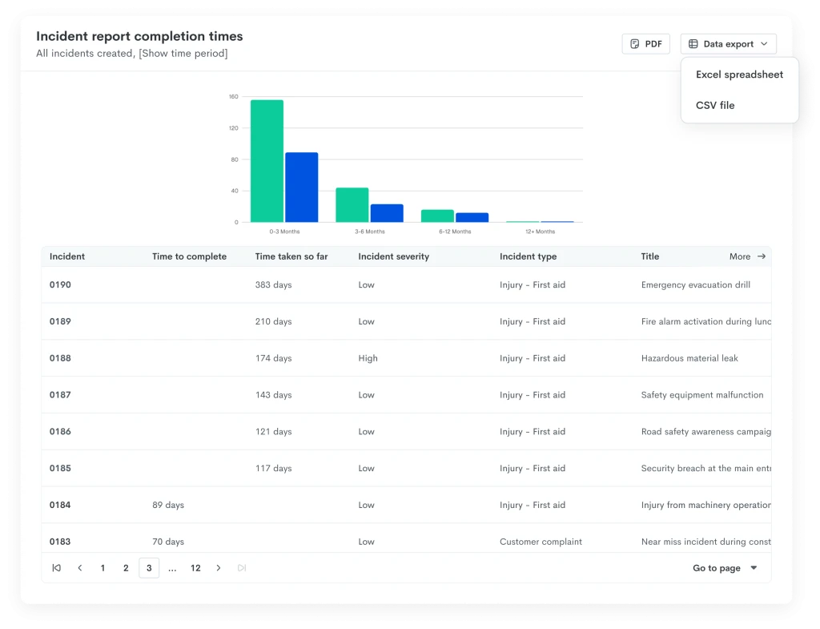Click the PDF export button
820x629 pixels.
[646, 44]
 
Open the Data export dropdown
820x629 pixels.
[729, 44]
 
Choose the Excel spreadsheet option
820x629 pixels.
[739, 75]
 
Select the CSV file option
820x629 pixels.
[715, 105]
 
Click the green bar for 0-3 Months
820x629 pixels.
[267, 161]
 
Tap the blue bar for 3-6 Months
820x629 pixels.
[387, 213]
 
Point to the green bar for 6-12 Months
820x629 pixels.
[437, 216]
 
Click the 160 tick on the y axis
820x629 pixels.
[233, 97]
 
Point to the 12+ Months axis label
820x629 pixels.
[541, 232]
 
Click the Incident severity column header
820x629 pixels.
[394, 256]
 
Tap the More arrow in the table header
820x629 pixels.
[762, 256]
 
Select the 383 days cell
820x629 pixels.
[274, 284]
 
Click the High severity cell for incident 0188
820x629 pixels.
[368, 358]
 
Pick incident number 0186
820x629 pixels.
[60, 431]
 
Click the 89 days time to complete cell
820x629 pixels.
[168, 505]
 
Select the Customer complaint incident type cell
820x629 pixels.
[541, 542]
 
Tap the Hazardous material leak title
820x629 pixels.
[689, 358]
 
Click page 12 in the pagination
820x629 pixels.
[195, 568]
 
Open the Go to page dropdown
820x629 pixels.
[725, 568]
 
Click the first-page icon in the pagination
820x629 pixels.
[57, 568]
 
